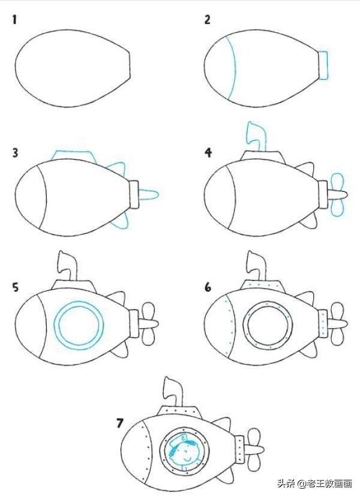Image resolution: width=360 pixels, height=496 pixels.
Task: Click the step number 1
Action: [14, 20]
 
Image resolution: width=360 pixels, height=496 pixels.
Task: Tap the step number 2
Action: [207, 20]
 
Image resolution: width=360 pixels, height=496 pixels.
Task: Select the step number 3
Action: [15, 153]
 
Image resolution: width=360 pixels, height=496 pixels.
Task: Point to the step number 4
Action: [208, 153]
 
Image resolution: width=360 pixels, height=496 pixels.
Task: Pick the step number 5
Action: [15, 287]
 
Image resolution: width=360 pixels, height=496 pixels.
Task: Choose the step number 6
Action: [208, 287]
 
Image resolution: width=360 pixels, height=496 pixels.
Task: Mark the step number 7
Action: [119, 423]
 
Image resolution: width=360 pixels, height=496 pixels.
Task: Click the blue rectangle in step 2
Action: [323, 65]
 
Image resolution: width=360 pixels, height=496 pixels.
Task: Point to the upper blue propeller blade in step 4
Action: [337, 182]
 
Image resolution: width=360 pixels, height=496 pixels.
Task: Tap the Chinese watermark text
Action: [315, 483]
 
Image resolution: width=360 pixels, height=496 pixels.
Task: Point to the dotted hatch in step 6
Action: [263, 284]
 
